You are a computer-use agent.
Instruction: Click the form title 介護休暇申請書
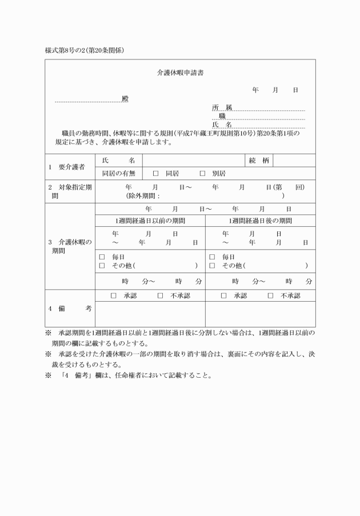pyautogui.click(x=181, y=73)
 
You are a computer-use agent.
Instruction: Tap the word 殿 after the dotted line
pyautogui.click(x=125, y=99)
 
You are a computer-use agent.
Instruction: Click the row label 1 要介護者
pyautogui.click(x=67, y=167)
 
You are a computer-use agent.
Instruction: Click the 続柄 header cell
pyautogui.click(x=259, y=161)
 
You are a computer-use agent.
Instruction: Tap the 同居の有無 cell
pyautogui.click(x=119, y=173)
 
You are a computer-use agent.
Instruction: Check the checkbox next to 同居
pyautogui.click(x=155, y=173)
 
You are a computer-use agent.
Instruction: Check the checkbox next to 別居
pyautogui.click(x=202, y=173)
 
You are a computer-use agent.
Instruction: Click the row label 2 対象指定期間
pyautogui.click(x=71, y=191)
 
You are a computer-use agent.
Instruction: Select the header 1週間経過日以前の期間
pyautogui.click(x=150, y=221)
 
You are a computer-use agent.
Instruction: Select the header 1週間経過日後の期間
pyautogui.click(x=260, y=221)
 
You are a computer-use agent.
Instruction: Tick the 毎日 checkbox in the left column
pyautogui.click(x=102, y=257)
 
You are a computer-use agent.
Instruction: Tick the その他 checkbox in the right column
pyautogui.click(x=212, y=266)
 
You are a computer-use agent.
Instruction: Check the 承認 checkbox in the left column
pyautogui.click(x=113, y=295)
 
